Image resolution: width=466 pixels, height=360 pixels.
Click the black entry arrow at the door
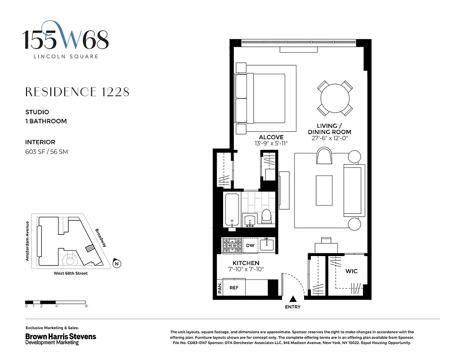293,299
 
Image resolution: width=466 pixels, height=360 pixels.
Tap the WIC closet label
351,271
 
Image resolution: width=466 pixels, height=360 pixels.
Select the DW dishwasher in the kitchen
250,245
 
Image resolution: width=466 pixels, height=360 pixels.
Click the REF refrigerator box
234,288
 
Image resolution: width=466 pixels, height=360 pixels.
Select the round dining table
335,98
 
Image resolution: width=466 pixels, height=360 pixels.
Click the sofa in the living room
354,190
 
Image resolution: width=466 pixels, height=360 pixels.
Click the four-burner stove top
232,245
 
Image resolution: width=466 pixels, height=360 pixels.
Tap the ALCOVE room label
271,137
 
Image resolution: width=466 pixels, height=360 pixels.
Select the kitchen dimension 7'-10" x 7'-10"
246,269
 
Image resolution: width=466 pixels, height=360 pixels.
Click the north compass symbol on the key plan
117,264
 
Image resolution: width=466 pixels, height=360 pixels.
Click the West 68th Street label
67,273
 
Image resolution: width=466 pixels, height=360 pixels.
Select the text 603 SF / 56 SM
46,152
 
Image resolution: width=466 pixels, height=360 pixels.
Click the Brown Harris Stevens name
60,336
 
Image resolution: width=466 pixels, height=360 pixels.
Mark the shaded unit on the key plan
90,248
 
